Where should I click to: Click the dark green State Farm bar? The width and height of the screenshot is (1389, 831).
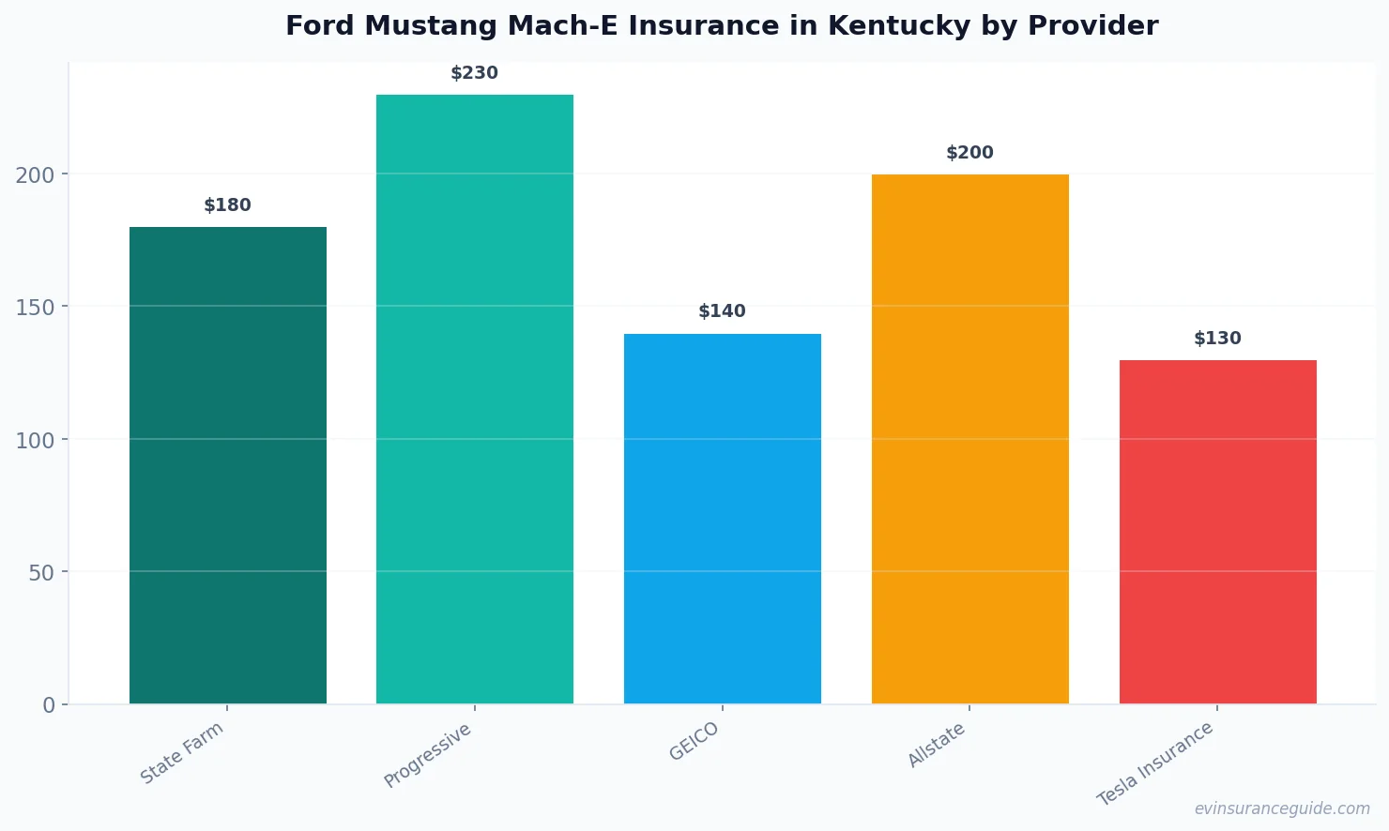click(x=228, y=465)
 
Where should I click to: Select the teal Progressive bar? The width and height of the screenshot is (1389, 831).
click(x=475, y=399)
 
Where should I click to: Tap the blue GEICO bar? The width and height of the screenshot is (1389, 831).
click(x=723, y=519)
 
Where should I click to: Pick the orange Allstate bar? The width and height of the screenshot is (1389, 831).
click(x=969, y=439)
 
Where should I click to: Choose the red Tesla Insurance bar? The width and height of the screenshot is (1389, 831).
click(x=1217, y=532)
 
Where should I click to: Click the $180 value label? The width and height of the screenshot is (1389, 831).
click(x=228, y=205)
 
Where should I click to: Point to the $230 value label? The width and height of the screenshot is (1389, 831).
click(x=475, y=73)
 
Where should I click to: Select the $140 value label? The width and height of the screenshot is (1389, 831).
click(x=723, y=311)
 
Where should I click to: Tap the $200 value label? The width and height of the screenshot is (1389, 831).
click(x=969, y=153)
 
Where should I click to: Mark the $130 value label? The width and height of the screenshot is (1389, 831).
click(x=1217, y=339)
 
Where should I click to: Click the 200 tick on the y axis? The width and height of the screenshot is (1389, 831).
click(x=35, y=175)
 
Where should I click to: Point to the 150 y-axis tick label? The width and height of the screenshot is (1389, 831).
click(x=35, y=308)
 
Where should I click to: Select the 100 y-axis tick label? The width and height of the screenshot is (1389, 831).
click(x=35, y=440)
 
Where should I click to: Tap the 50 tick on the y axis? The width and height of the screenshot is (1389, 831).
click(x=41, y=573)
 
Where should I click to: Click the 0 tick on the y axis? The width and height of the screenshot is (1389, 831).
click(x=49, y=705)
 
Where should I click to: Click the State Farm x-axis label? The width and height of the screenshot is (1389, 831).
click(x=182, y=753)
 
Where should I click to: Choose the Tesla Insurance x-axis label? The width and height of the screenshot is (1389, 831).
click(x=1155, y=763)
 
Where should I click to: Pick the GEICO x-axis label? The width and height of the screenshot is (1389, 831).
click(x=694, y=742)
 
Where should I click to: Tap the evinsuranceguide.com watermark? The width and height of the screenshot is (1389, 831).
click(x=1282, y=808)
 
